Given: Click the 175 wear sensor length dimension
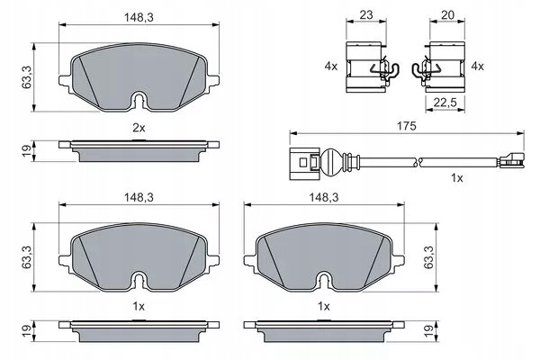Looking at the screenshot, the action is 407,126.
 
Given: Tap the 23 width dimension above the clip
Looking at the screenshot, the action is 366,15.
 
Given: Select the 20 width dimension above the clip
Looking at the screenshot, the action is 447,15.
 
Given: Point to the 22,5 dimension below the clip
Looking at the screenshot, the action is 445,103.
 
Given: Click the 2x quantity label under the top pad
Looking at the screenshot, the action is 139,128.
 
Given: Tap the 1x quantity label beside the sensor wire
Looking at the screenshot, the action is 457,178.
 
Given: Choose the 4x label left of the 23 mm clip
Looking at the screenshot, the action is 331,66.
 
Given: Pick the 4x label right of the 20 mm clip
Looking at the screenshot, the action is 477,66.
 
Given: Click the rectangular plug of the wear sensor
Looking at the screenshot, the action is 304,163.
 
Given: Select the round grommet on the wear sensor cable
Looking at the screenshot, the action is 330,161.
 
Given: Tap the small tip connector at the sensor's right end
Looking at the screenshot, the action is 511,160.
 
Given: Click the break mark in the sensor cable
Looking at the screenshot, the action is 418,161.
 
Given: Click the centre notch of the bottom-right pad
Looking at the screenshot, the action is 325,281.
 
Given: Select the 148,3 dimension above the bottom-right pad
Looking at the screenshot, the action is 324,197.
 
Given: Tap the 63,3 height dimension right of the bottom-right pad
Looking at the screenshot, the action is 428,257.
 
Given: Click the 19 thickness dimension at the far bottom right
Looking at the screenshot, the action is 428,331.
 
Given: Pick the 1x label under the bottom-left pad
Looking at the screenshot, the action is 139,306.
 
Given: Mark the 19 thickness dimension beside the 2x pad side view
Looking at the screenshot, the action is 26,151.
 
